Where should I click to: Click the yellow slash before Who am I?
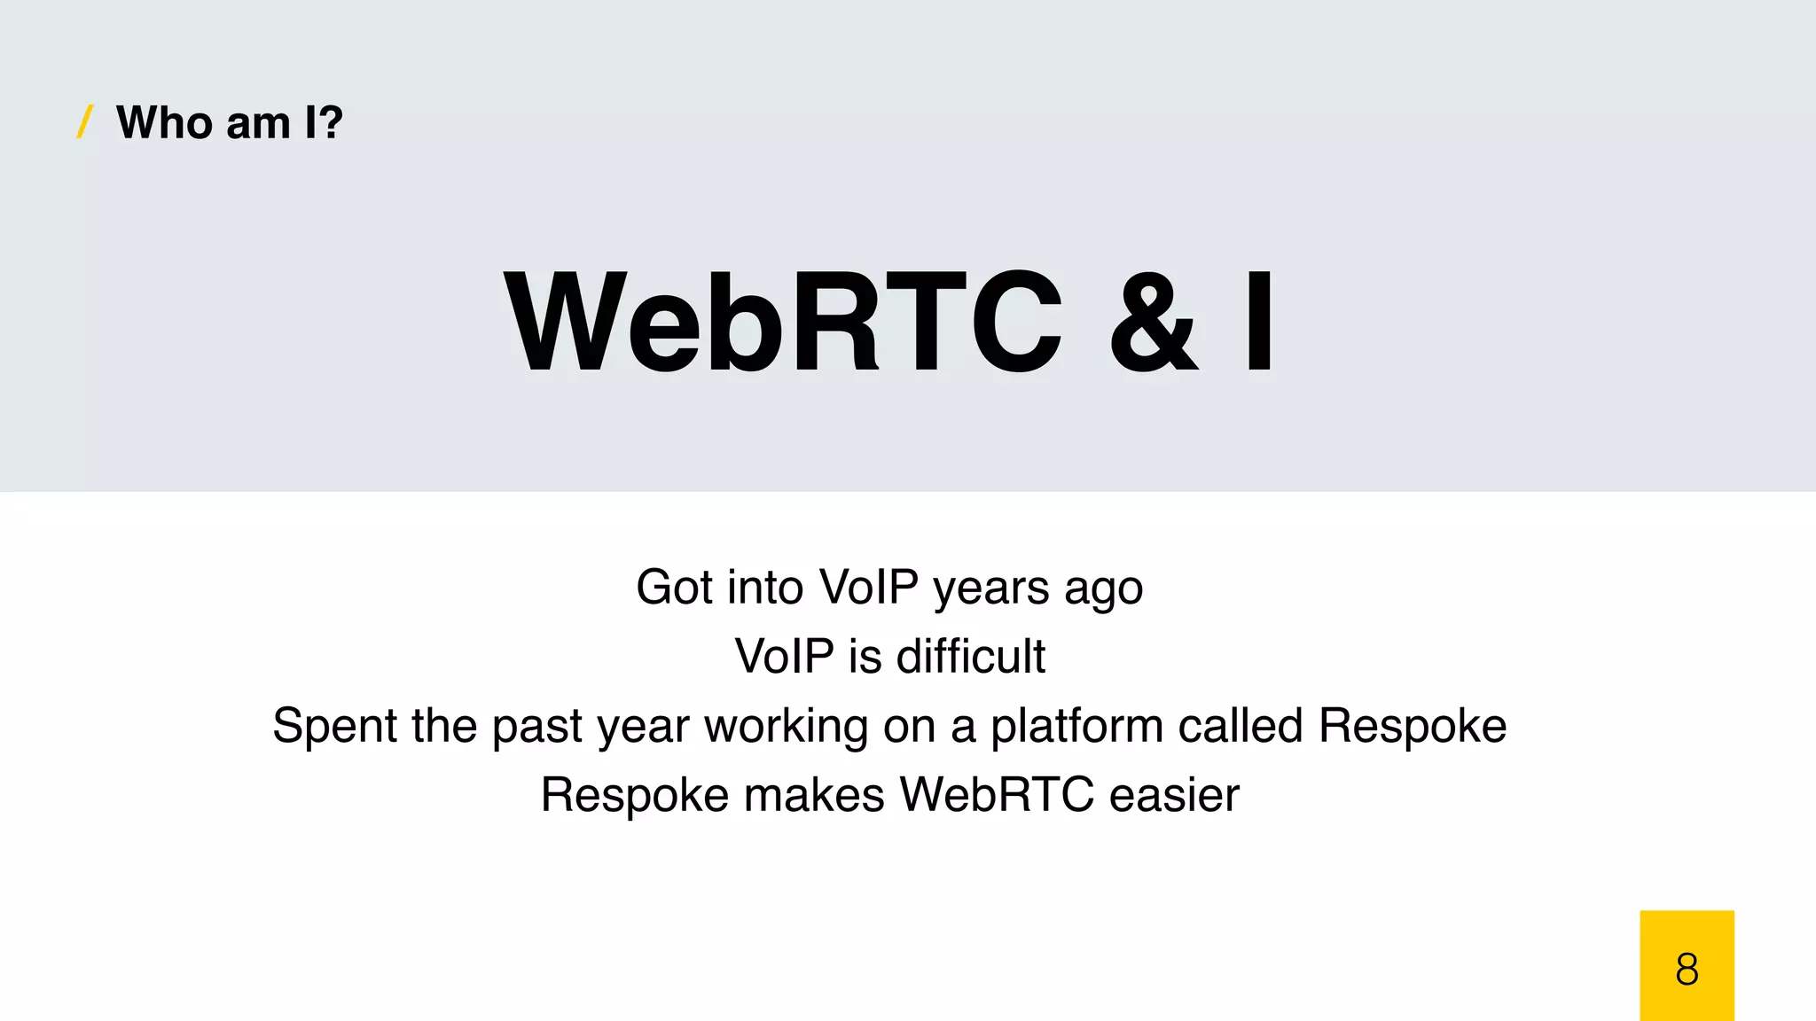(85, 122)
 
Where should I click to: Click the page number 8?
(1687, 969)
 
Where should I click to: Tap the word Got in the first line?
(675, 588)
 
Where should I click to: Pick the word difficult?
(970, 657)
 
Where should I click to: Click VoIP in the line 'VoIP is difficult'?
(784, 657)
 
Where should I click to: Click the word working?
(786, 727)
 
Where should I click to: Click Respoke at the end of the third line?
(1413, 727)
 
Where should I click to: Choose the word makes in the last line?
(814, 795)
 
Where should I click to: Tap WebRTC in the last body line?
(997, 795)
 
